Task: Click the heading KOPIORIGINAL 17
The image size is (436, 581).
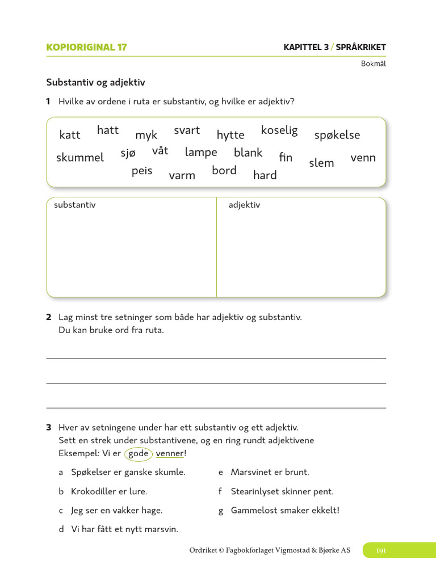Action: point(86,48)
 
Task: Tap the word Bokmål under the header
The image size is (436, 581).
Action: point(373,64)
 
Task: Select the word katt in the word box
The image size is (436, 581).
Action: point(70,135)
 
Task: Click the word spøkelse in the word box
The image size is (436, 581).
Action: point(337,135)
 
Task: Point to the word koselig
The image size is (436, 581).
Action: point(279,130)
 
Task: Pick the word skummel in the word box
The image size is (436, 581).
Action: point(80,158)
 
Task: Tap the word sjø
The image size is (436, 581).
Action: point(128,153)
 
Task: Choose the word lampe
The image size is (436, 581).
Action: point(201,152)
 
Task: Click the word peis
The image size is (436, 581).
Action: point(142,171)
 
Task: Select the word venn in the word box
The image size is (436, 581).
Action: point(363,158)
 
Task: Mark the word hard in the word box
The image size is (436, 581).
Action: point(265,175)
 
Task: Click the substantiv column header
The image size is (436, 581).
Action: point(74,205)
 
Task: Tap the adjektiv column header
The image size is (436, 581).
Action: point(244,205)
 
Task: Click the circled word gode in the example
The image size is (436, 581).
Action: point(139,453)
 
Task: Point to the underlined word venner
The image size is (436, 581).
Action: point(170,453)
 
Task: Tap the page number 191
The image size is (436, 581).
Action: point(381,550)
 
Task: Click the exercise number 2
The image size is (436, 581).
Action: point(49,317)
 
